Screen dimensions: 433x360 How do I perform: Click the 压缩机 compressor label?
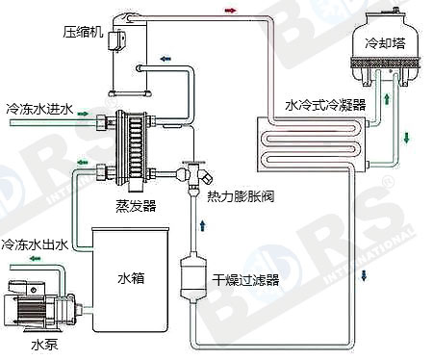click(x=83, y=32)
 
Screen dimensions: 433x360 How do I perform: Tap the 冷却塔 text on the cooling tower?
click(x=385, y=43)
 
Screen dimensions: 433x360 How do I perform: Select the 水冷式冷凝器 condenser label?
click(x=325, y=105)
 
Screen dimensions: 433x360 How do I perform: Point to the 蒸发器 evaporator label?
click(x=136, y=206)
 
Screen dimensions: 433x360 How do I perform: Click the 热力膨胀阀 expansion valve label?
click(x=241, y=196)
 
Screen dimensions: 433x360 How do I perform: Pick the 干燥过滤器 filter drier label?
click(x=245, y=280)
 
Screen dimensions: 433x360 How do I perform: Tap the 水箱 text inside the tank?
click(x=131, y=278)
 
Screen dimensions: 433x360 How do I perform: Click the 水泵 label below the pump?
click(x=44, y=345)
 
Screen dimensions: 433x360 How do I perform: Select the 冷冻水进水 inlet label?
click(x=39, y=109)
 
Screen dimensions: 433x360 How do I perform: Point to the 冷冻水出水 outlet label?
click(x=35, y=245)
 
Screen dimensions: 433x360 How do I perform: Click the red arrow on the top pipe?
click(x=230, y=11)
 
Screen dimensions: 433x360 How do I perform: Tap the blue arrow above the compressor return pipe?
click(x=166, y=59)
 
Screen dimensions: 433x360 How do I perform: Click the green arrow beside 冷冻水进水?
click(x=83, y=114)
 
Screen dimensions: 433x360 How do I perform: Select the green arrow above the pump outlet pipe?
click(x=35, y=258)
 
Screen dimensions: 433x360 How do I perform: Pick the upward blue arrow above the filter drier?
click(x=203, y=225)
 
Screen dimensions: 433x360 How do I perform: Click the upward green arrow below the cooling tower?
click(x=387, y=98)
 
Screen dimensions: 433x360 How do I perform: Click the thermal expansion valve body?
click(x=194, y=175)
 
